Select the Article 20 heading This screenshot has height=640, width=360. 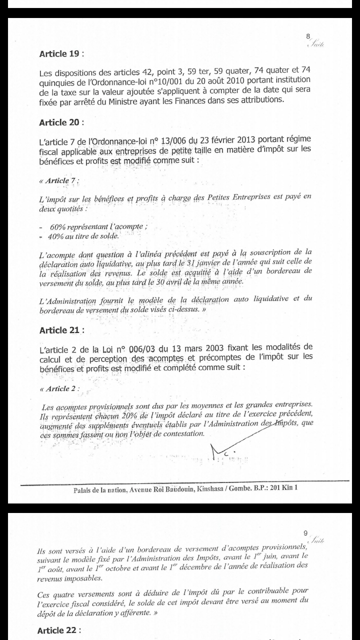click(x=59, y=122)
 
